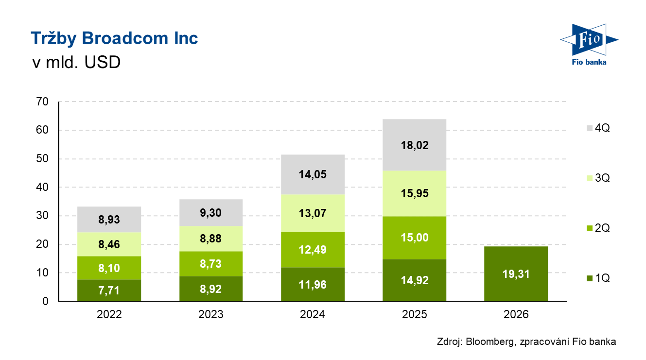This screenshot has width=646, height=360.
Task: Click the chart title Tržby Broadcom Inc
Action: pyautogui.click(x=114, y=38)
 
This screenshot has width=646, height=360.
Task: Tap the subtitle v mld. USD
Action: pyautogui.click(x=75, y=63)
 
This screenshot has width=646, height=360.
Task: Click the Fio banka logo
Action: pyautogui.click(x=588, y=44)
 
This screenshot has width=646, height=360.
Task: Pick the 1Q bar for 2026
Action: pyautogui.click(x=516, y=274)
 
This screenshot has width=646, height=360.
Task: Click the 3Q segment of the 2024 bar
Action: pyautogui.click(x=313, y=213)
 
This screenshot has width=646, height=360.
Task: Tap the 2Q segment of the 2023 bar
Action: pyautogui.click(x=211, y=263)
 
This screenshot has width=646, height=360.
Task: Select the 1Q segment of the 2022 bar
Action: pyautogui.click(x=109, y=290)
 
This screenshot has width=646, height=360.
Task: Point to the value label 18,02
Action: pyautogui.click(x=415, y=145)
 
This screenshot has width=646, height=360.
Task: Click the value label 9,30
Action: pyautogui.click(x=211, y=212)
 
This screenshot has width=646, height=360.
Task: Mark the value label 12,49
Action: pyautogui.click(x=313, y=250)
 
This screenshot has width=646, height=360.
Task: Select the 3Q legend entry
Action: pyautogui.click(x=597, y=178)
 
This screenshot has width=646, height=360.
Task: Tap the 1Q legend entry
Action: pyautogui.click(x=597, y=278)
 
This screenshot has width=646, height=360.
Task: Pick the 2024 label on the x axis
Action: pyautogui.click(x=313, y=315)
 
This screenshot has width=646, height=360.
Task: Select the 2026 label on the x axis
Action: pyautogui.click(x=516, y=315)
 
